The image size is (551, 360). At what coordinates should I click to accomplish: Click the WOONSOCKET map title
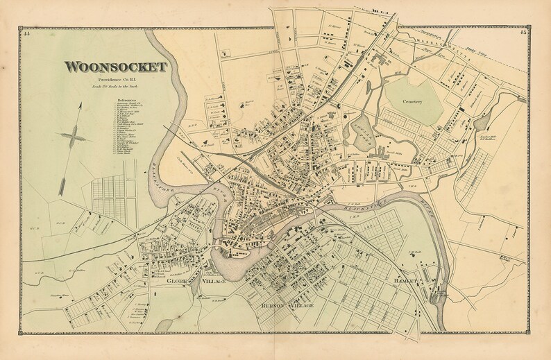tap(116, 67)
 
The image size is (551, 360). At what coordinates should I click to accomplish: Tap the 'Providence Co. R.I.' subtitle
tap(117, 81)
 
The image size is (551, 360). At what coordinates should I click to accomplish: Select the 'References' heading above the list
tap(126, 99)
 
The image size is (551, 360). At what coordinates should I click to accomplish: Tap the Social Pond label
tap(359, 127)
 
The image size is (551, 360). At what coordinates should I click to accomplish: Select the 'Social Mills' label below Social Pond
tap(375, 151)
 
